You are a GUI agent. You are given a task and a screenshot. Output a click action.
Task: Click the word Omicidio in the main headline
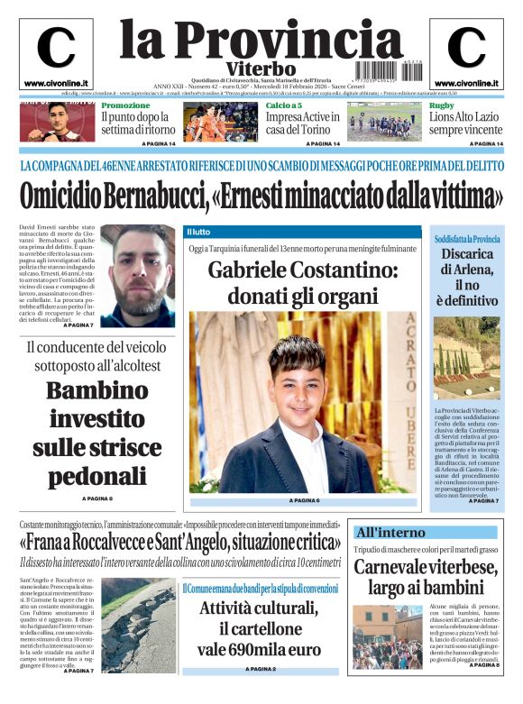69,196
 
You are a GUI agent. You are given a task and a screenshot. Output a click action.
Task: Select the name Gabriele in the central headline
249,269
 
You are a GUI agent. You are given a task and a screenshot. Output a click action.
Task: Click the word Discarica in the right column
467,255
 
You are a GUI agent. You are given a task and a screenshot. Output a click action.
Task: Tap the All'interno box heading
390,532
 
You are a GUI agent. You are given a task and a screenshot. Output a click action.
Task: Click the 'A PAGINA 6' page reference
304,500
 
